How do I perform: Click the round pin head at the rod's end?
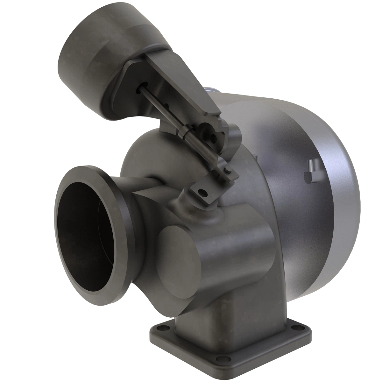(227, 170)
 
